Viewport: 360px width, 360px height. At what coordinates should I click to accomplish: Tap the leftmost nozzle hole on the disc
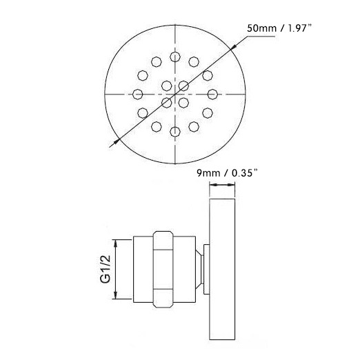pos(138,94)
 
